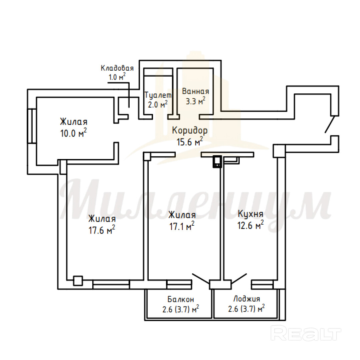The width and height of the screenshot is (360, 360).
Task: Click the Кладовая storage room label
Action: tap(117, 68)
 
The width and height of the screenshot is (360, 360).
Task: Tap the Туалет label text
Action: tap(158, 95)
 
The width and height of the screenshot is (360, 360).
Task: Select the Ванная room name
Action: tap(196, 91)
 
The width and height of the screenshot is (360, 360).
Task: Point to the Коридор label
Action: tap(190, 130)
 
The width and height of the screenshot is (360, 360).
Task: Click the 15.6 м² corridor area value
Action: tap(190, 141)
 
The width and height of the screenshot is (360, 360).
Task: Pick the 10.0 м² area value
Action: tap(73, 133)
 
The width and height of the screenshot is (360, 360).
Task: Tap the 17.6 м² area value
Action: tap(102, 230)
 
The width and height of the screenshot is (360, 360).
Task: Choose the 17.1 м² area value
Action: tap(182, 226)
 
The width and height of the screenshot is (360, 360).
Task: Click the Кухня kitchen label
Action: tap(250, 214)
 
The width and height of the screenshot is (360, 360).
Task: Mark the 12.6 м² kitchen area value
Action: tap(250, 225)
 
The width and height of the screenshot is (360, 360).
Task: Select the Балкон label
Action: tap(181, 299)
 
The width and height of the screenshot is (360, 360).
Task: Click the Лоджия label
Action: tap(247, 299)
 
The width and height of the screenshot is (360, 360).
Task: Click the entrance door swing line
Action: tap(329, 124)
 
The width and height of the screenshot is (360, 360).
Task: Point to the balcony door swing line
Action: tap(201, 278)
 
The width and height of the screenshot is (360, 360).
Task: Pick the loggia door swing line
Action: tap(239, 278)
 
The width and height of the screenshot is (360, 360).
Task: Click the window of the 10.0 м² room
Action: tap(32, 126)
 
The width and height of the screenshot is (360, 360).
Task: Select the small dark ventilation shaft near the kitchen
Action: tap(217, 162)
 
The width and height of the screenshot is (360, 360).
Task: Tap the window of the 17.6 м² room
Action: tap(111, 284)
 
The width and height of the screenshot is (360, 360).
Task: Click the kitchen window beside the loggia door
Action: tap(262, 284)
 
